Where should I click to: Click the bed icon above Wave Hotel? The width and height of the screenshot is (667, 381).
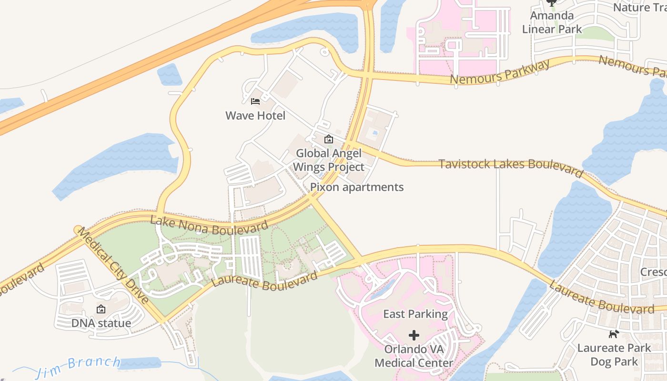coord(255,101)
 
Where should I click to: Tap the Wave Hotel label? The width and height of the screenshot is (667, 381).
coord(255,116)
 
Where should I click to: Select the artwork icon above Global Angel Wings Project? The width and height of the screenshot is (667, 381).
coord(328,139)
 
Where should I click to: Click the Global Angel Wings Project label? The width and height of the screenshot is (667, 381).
coord(328,160)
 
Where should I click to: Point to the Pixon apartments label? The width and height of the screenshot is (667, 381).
coord(357,187)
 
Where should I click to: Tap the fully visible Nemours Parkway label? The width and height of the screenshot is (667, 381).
coord(500,72)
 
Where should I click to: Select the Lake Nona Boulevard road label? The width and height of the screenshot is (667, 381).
coord(209,225)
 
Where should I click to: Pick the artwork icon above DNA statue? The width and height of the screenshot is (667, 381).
coord(101,309)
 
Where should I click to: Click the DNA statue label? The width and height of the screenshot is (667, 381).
coord(101,323)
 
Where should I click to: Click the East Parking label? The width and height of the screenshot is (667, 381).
coord(415,314)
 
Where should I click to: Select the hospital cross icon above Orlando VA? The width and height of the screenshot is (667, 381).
coord(414,335)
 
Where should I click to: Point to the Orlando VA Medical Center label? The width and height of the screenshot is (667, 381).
coord(414,356)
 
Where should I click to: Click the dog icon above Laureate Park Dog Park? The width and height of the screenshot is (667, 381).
coord(614,334)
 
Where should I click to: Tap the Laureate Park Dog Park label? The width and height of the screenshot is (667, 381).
coord(614,355)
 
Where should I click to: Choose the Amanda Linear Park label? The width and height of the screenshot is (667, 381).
coord(552,22)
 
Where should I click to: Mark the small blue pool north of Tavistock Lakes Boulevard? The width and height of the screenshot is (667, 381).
coord(375,132)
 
